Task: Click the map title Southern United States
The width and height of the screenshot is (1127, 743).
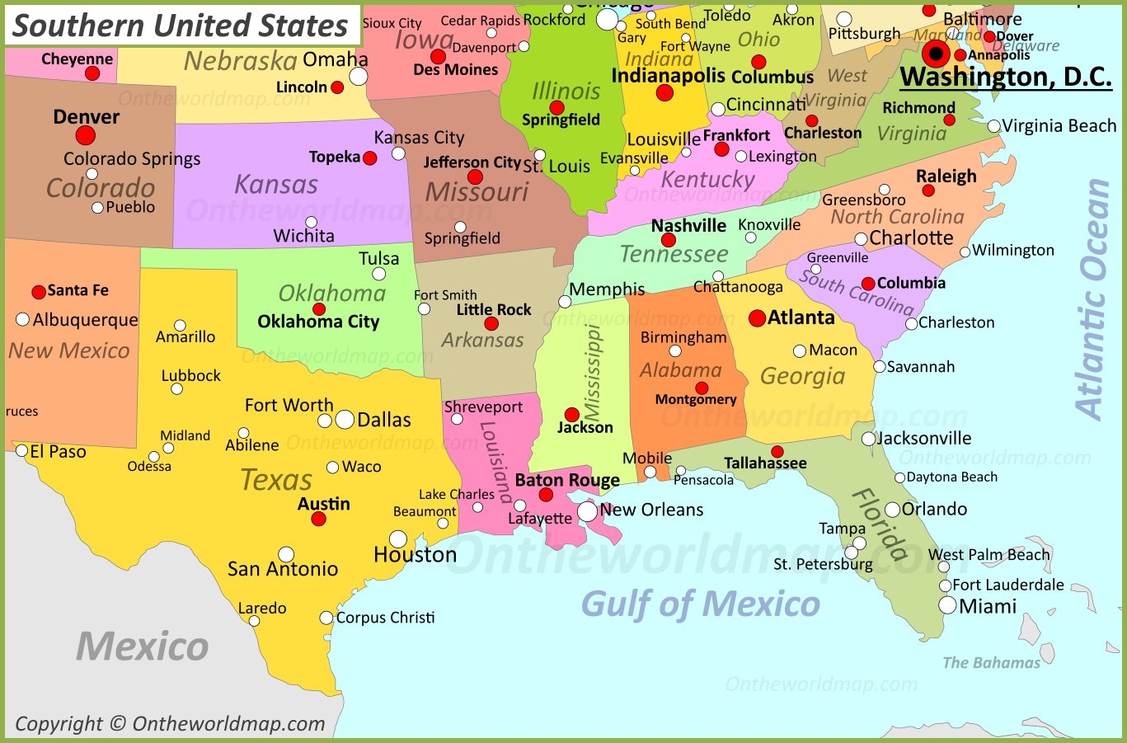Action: click(181, 26)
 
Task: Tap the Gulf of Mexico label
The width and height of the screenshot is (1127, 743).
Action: click(701, 604)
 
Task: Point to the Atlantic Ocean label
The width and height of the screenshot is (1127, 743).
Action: click(1095, 299)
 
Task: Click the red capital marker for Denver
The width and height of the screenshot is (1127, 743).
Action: click(86, 135)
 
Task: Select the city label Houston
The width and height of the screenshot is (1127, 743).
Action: click(415, 555)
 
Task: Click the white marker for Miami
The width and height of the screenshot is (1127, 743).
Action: click(948, 606)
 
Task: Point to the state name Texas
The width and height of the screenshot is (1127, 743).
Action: click(276, 479)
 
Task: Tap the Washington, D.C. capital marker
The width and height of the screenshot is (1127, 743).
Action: click(936, 55)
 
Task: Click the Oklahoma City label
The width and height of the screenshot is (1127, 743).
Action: click(318, 322)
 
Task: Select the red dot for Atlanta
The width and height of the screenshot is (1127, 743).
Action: click(757, 318)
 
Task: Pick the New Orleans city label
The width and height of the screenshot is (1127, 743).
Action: click(651, 510)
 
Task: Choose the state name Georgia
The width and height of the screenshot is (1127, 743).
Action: click(802, 376)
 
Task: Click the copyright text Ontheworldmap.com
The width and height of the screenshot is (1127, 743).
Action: click(170, 723)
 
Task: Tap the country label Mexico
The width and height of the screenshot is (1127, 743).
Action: click(143, 646)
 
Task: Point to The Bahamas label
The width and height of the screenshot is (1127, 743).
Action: click(991, 663)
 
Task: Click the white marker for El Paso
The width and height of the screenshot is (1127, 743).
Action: click(22, 451)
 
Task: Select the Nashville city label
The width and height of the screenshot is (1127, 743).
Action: click(688, 225)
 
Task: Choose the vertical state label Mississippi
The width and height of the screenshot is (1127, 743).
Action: click(594, 372)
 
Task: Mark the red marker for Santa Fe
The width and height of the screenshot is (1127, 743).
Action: click(39, 292)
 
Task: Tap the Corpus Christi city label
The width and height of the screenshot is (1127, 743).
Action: click(385, 617)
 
